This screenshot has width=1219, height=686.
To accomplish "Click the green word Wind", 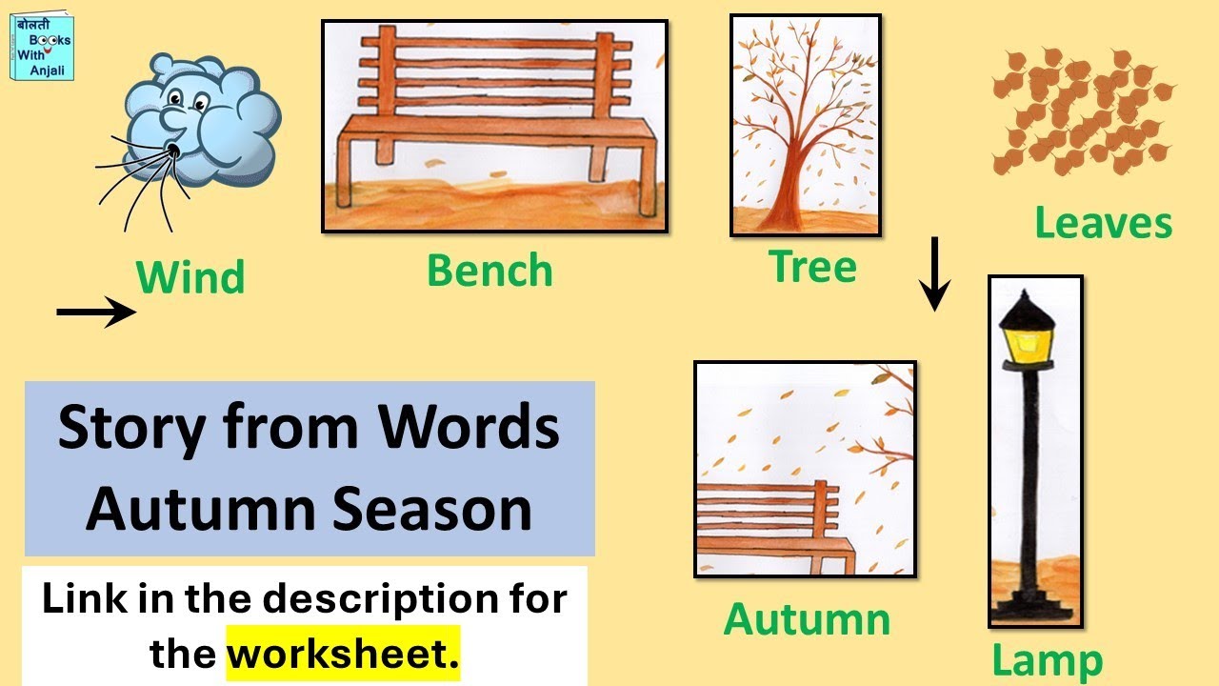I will (x=190, y=277).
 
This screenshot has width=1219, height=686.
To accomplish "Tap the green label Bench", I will (x=490, y=271).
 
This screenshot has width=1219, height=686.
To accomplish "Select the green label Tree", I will (x=812, y=267).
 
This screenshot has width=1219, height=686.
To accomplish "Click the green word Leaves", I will (x=1103, y=223).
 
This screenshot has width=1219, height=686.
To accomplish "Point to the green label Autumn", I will (x=807, y=619).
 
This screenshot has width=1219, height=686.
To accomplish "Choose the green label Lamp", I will (x=1047, y=660).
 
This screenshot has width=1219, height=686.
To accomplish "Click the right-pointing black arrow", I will (x=96, y=312).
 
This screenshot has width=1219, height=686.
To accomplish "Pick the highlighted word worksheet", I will (x=342, y=653).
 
